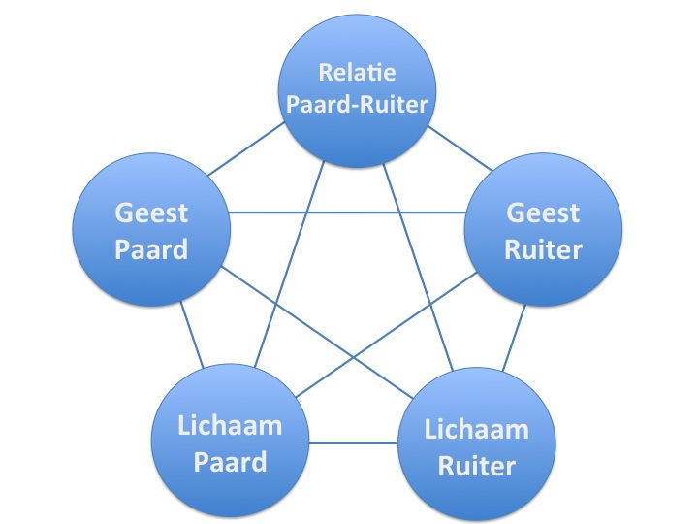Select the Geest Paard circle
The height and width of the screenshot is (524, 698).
(151, 231)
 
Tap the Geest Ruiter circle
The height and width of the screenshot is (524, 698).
(543, 231)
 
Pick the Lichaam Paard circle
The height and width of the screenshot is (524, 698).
(231, 442)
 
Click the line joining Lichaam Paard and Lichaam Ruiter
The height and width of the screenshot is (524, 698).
(353, 443)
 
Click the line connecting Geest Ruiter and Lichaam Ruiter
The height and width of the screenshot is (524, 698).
(514, 336)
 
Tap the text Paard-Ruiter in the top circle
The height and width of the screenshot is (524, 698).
(357, 102)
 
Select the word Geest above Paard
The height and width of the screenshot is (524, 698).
(151, 213)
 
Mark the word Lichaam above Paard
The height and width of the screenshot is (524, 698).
(231, 424)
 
